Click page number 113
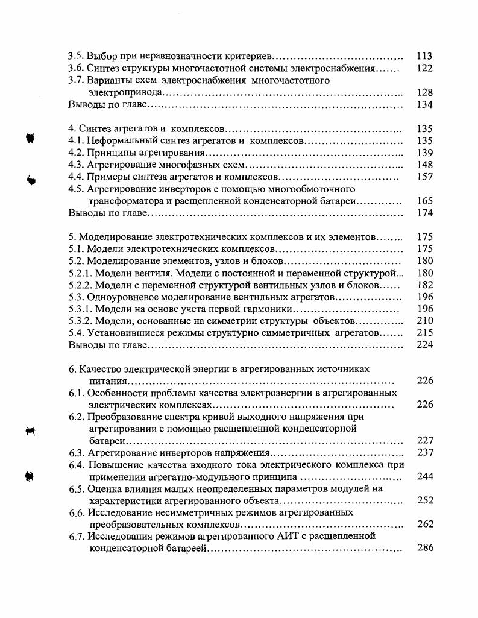(x=424, y=56)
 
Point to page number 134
(x=424, y=104)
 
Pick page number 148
(x=424, y=165)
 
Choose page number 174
(x=424, y=213)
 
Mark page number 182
(x=424, y=285)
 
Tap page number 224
(x=424, y=345)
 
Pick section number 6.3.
(x=77, y=452)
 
